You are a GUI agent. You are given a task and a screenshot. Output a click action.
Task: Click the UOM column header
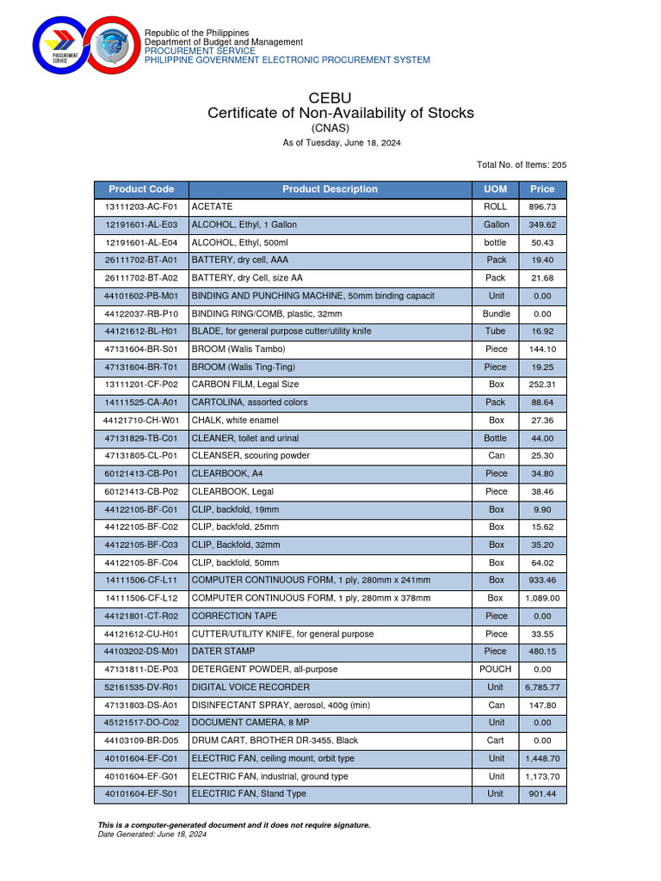pyautogui.click(x=496, y=189)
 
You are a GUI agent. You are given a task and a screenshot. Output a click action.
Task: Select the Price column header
pyautogui.click(x=542, y=189)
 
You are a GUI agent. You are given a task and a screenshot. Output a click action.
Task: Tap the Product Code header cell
pyautogui.click(x=141, y=189)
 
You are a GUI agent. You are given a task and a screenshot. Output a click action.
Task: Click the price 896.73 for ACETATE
pyautogui.click(x=542, y=207)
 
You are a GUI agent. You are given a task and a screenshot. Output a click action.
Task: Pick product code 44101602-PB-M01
pyautogui.click(x=141, y=296)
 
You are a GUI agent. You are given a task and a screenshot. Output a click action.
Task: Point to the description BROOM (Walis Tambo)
pyautogui.click(x=238, y=349)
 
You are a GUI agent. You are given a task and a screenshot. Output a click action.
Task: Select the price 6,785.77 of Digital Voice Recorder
pyautogui.click(x=542, y=687)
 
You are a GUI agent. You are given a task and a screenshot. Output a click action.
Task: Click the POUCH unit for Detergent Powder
pyautogui.click(x=496, y=669)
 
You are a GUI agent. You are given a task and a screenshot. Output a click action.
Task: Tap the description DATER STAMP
pyautogui.click(x=223, y=651)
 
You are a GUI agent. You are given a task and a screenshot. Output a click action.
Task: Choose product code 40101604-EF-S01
pyautogui.click(x=141, y=794)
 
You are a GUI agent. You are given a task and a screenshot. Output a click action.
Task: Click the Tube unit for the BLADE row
pyautogui.click(x=496, y=331)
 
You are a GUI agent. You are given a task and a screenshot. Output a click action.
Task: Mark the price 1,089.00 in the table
pyautogui.click(x=542, y=598)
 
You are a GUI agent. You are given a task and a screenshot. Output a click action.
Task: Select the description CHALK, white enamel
pyautogui.click(x=237, y=421)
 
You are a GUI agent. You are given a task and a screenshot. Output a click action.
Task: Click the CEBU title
pyautogui.click(x=330, y=97)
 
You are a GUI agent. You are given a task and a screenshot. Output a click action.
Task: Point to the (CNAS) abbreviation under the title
pyautogui.click(x=330, y=128)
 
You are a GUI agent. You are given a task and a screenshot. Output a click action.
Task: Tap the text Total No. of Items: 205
pyautogui.click(x=522, y=164)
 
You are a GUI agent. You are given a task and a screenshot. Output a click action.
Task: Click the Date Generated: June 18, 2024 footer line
pyautogui.click(x=152, y=835)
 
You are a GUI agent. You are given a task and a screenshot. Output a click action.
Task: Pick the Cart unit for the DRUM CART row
pyautogui.click(x=496, y=741)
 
